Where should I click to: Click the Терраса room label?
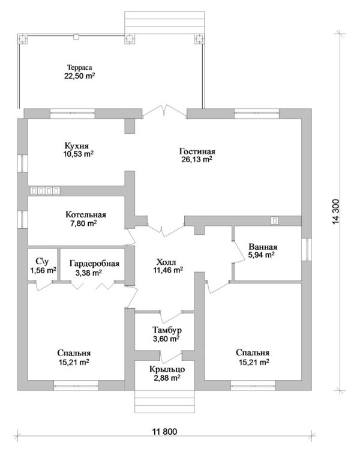80,68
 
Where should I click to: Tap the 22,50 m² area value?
80,76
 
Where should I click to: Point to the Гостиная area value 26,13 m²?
197,159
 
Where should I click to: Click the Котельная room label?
86,214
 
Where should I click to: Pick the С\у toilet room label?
42,261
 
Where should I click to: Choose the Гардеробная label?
95,264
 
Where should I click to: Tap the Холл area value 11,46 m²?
168,270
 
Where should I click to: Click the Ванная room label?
263,247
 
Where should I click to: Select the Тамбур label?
167,330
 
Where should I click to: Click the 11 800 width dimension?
164,431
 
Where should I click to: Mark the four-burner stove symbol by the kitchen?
45,190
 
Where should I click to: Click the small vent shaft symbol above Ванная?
275,220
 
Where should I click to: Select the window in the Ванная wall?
306,249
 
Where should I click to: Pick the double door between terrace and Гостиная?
164,111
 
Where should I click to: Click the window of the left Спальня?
76,386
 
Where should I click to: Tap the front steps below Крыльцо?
164,402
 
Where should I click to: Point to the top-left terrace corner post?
23,39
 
